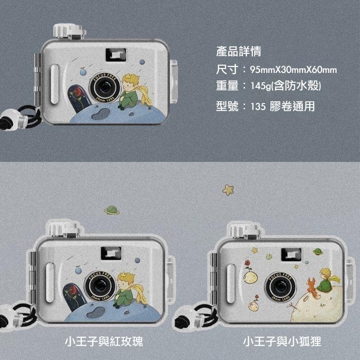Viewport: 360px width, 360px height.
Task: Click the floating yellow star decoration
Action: pyautogui.click(x=229, y=189)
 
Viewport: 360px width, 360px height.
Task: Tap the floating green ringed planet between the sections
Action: pyautogui.click(x=112, y=210)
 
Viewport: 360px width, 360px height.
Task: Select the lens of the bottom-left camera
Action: pyautogui.click(x=100, y=285)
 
